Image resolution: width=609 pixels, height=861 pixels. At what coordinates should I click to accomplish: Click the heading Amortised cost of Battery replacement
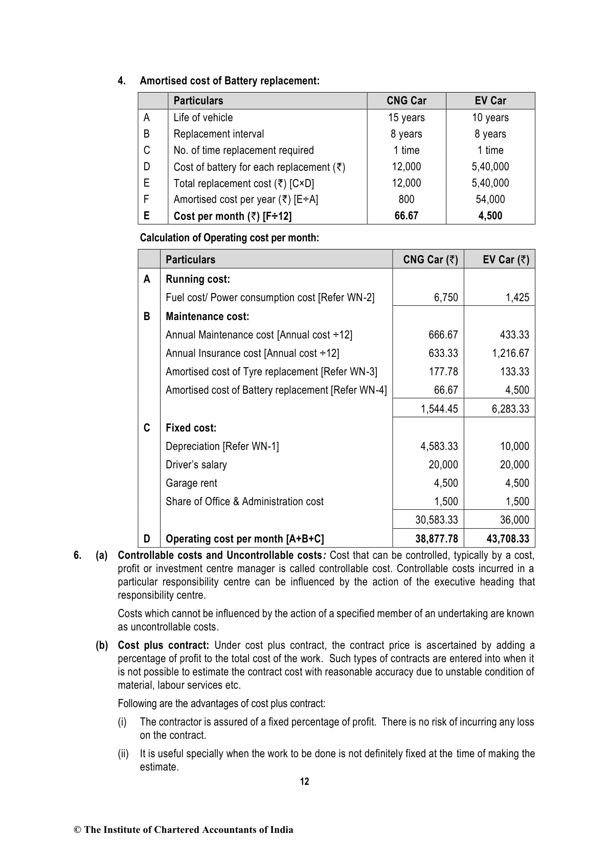pos(230,81)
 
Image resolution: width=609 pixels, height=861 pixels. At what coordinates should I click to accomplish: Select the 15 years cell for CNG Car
pos(406,118)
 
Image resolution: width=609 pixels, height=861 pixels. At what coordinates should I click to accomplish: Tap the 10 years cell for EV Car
pos(490,118)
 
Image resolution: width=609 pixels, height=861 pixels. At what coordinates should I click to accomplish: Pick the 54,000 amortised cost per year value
pos(490,199)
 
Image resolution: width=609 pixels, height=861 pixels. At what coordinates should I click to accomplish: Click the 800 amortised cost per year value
pos(406,199)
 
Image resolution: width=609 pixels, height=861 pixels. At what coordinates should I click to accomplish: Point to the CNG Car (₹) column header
pos(430,260)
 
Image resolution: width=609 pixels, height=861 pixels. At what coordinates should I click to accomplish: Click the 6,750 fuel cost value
pos(446,298)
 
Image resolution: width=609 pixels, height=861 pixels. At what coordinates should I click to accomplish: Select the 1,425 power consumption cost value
pos(517,298)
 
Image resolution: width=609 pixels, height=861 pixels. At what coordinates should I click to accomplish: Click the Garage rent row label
pos(191,483)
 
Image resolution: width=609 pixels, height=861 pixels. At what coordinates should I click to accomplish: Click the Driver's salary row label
pos(196,465)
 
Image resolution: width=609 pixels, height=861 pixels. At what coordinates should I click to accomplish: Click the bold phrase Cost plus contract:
pos(160,645)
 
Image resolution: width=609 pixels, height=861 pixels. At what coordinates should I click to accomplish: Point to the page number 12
pos(304,781)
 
